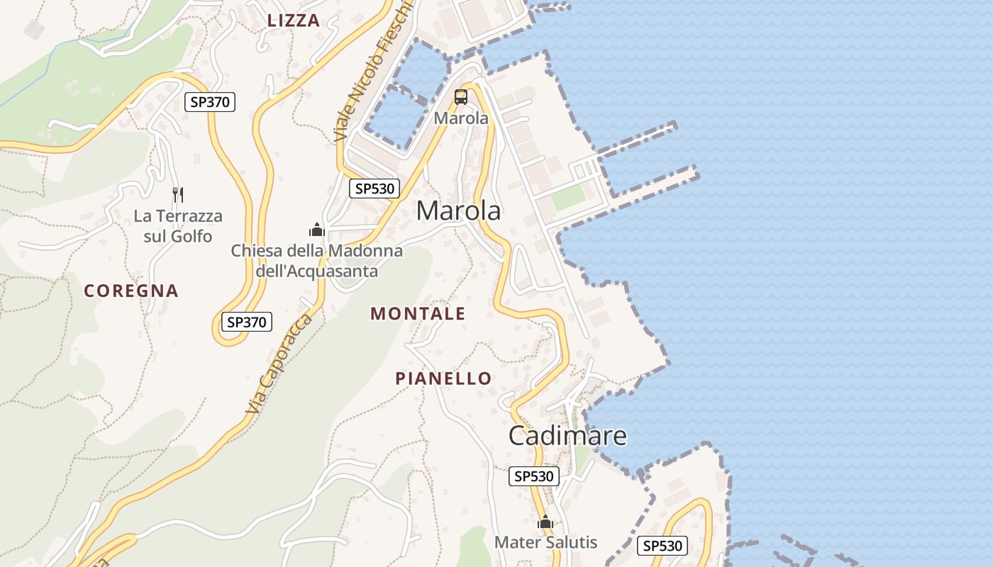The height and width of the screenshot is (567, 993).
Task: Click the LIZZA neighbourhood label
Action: tap(294, 21)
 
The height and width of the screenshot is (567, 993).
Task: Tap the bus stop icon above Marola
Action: tap(461, 97)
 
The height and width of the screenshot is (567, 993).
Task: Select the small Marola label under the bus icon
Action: tap(461, 118)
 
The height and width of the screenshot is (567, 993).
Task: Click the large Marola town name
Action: tap(458, 210)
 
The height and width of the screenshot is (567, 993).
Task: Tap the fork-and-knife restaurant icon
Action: tap(178, 194)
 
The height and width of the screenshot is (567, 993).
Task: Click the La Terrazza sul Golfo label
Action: tap(178, 226)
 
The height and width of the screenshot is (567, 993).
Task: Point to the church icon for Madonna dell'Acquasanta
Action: tap(316, 230)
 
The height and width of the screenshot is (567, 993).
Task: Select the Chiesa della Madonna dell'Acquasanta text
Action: tap(316, 261)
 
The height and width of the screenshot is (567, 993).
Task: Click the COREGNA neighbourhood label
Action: tap(131, 291)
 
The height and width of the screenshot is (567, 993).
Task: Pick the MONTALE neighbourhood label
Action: tap(418, 314)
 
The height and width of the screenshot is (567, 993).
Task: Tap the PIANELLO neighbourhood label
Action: tap(443, 378)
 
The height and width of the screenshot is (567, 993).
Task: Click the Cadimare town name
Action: tap(567, 435)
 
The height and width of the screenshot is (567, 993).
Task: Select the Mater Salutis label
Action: tap(545, 543)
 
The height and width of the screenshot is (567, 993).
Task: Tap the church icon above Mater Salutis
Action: tap(545, 522)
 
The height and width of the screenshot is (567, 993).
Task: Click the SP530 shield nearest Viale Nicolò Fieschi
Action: tap(375, 189)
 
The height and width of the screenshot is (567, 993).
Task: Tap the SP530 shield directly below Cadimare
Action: tap(533, 476)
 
